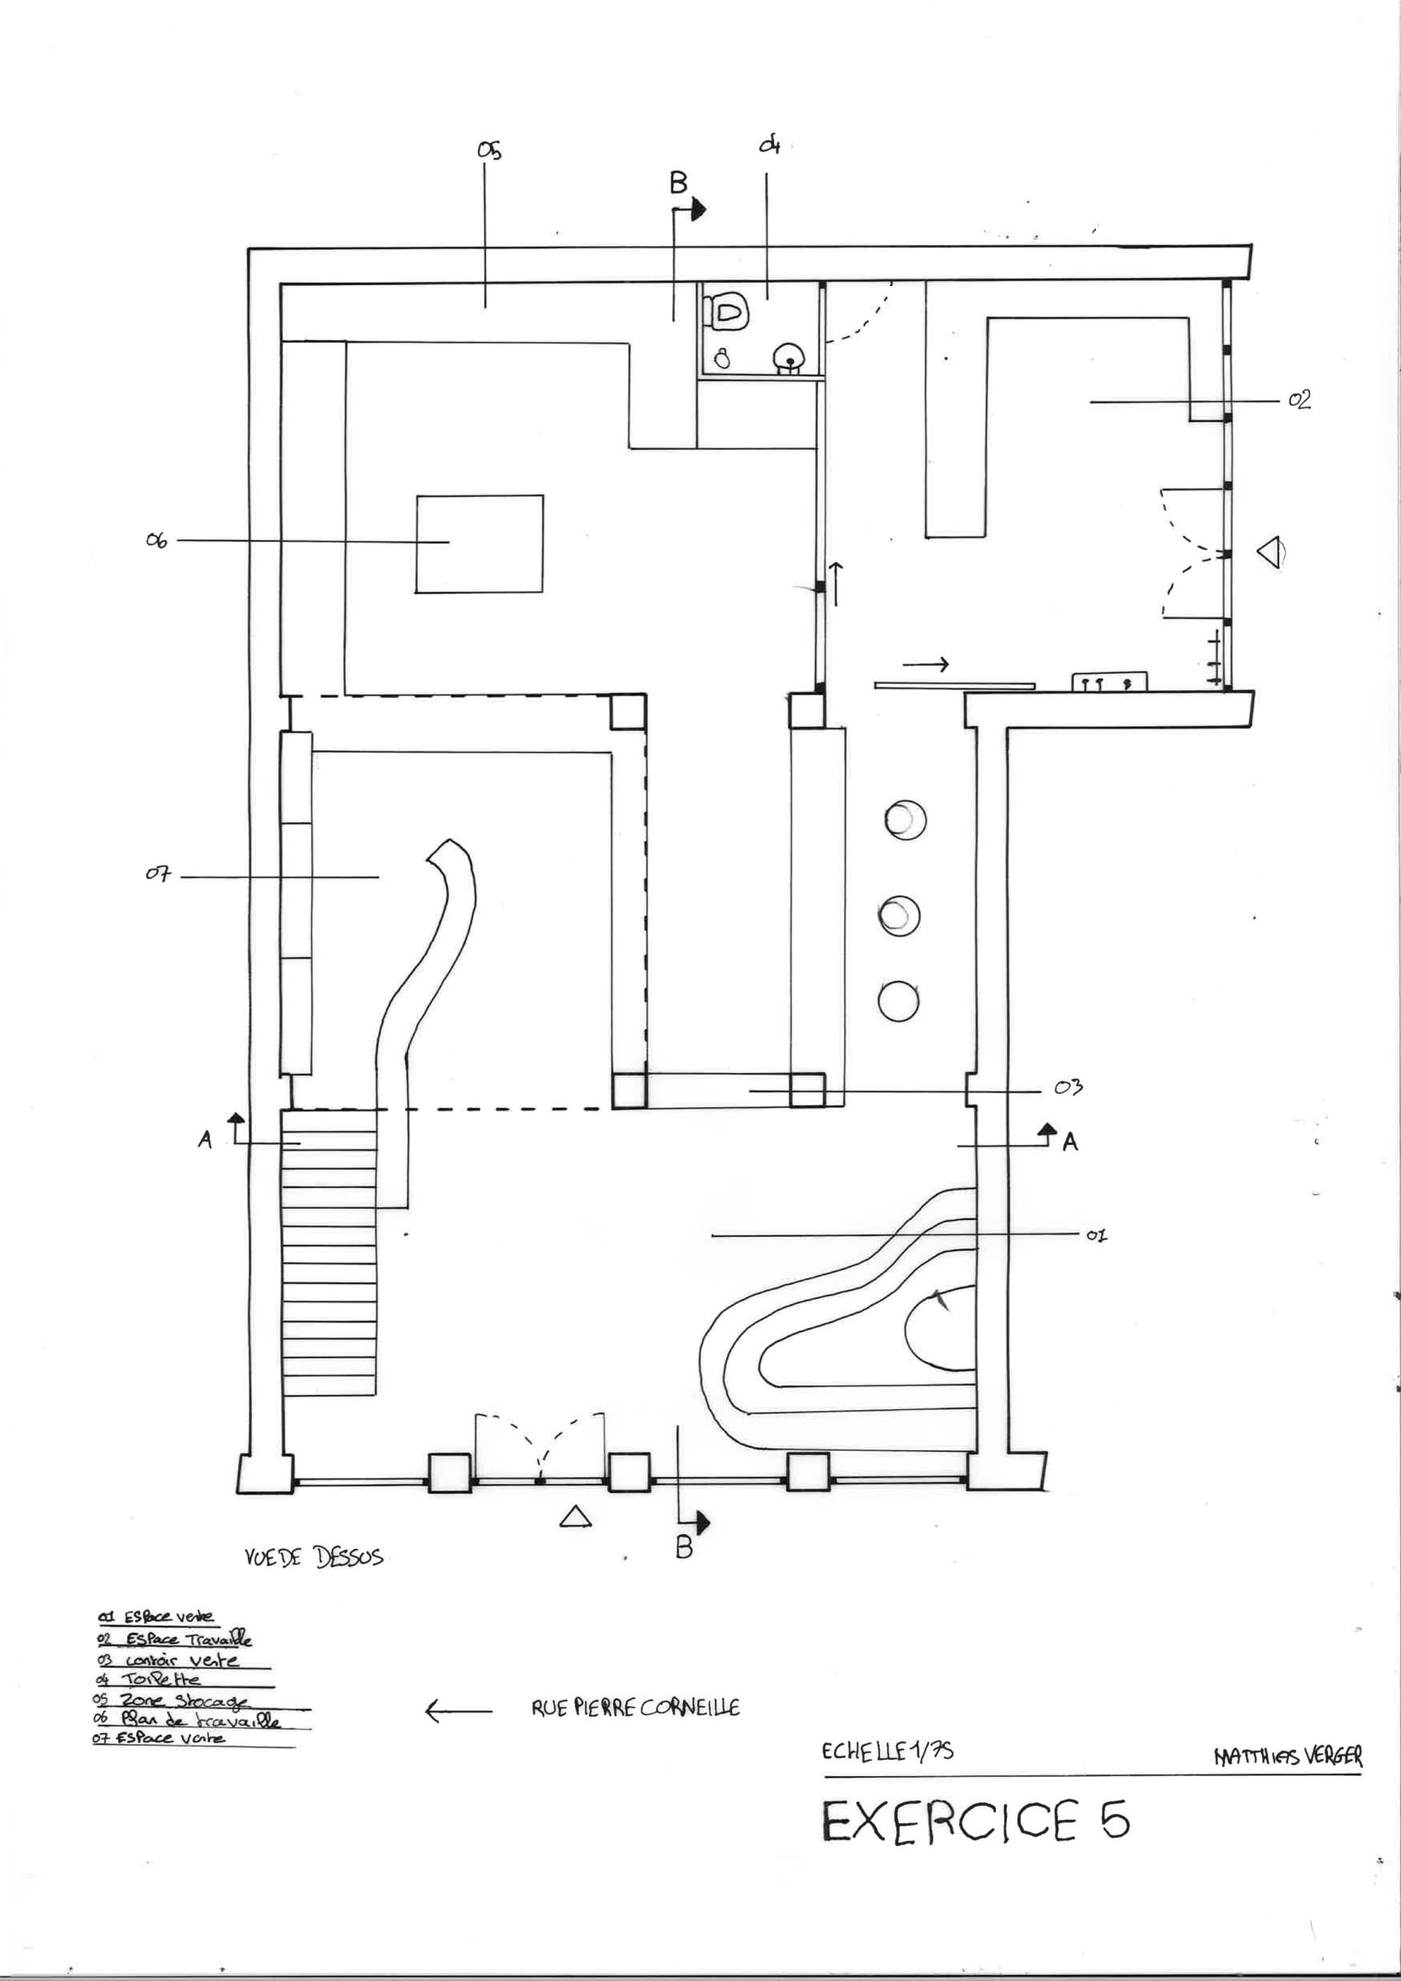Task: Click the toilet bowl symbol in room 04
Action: tap(726, 311)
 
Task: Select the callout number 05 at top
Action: tap(490, 151)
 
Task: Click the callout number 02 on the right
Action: tap(1299, 400)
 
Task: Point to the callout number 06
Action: tap(156, 542)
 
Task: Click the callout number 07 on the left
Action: tap(158, 875)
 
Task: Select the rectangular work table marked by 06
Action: tap(479, 543)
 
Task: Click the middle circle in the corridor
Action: tap(900, 915)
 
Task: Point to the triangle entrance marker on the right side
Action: tap(1269, 552)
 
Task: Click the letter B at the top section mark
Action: tap(679, 183)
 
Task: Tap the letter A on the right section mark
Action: tap(1070, 1143)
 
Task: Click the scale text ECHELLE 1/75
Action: tap(887, 1751)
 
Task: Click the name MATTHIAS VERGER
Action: tap(1287, 1756)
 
